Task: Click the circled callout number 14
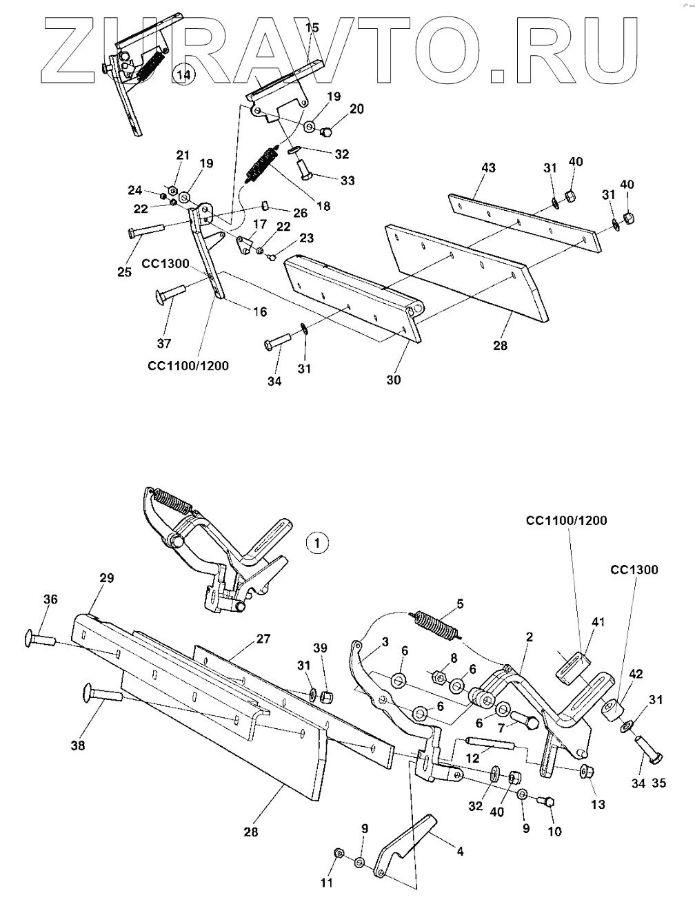click(x=185, y=74)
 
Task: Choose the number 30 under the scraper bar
click(x=394, y=380)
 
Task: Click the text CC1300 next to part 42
click(x=634, y=570)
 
